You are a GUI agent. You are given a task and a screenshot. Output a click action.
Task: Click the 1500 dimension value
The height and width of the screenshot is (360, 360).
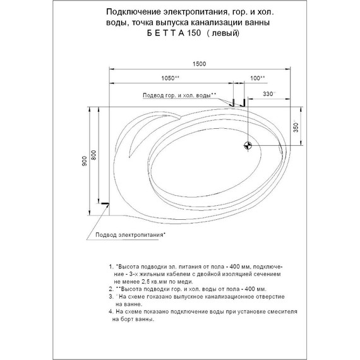click(200, 64)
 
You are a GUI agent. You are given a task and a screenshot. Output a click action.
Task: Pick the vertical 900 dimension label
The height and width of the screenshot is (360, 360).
click(84, 162)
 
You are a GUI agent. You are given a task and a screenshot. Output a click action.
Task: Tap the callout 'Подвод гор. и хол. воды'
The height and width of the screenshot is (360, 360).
click(179, 95)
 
